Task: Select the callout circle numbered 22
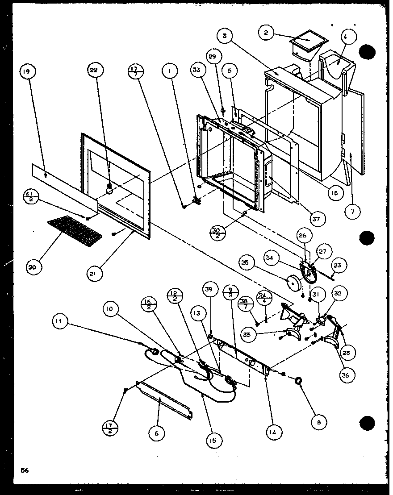96,70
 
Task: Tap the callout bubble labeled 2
266,33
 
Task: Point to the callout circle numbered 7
352,212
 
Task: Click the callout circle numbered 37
319,219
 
